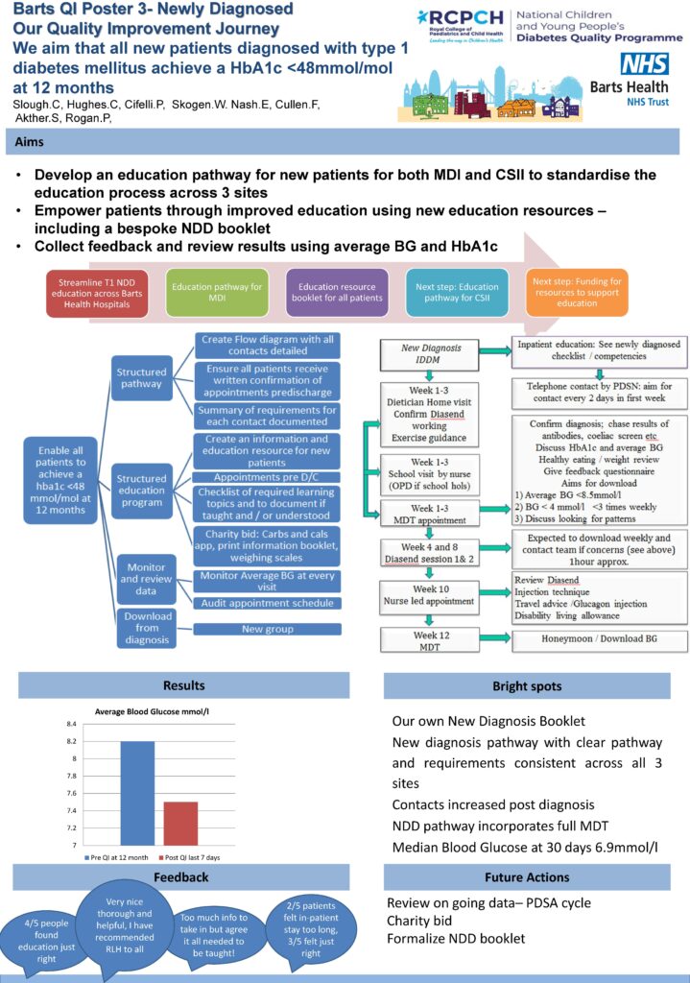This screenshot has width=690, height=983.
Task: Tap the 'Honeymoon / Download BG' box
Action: pyautogui.click(x=598, y=641)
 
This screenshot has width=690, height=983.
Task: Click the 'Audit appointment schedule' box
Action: pyautogui.click(x=267, y=602)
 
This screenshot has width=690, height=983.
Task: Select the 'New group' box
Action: pyautogui.click(x=267, y=629)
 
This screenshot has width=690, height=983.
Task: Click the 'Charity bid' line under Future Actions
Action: pyautogui.click(x=418, y=921)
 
